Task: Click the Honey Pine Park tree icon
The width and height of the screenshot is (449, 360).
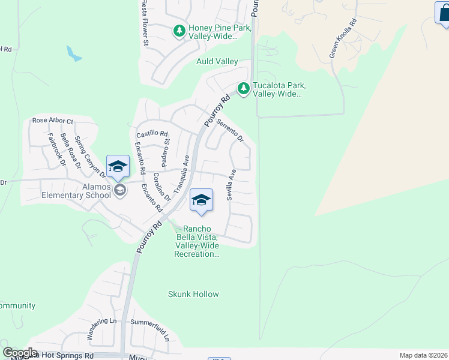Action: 179,31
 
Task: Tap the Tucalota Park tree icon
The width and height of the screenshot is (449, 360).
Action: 243,89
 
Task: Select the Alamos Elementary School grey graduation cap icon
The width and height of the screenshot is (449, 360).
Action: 120,190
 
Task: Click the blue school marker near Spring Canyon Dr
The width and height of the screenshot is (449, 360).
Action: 118,167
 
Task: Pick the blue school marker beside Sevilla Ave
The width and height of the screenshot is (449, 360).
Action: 202,201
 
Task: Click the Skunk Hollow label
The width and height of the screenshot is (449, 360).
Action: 193,294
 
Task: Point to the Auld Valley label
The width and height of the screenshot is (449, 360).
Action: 217,61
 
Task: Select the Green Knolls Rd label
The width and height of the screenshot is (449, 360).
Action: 343,38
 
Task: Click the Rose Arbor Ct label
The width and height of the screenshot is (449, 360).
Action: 52,121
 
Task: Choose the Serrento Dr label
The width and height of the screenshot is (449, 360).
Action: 230,131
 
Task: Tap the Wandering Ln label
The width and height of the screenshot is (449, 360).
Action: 101,329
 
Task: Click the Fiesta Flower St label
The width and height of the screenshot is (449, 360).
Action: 145,23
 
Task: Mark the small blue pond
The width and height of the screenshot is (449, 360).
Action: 74,54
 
